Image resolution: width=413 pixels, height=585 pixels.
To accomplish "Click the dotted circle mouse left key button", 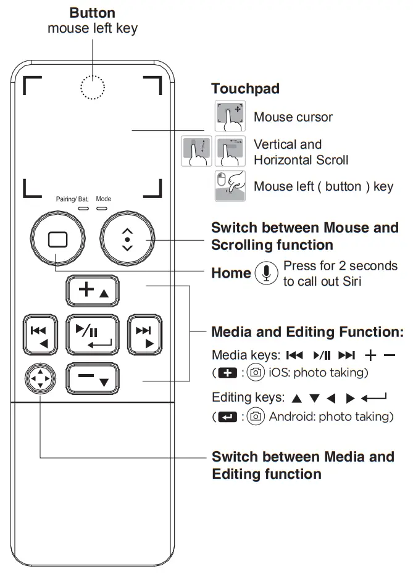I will [93, 88].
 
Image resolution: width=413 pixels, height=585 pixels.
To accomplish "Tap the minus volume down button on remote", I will [93, 379].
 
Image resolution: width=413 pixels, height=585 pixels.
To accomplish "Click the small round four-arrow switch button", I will [40, 378].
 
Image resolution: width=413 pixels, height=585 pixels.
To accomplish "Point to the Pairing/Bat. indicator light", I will [82, 208].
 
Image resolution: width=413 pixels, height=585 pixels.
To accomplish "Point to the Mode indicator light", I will [102, 208].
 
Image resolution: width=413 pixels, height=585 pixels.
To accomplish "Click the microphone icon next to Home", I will [266, 273].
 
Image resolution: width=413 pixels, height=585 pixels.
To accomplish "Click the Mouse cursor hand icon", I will [230, 116].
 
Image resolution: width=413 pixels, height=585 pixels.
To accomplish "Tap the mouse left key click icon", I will [230, 186].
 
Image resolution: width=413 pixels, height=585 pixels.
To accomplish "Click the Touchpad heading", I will [245, 89].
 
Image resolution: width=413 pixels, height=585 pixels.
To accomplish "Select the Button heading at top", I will [92, 13].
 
